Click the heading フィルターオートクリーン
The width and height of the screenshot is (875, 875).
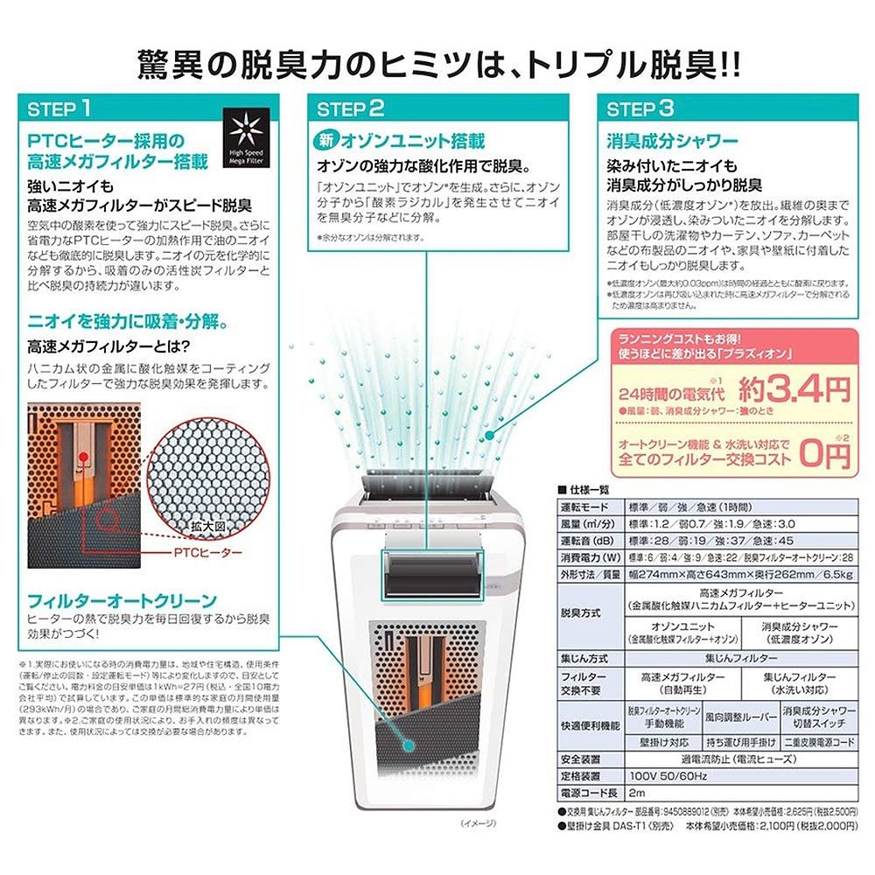point(121,600)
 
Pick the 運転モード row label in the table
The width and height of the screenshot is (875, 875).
point(584,507)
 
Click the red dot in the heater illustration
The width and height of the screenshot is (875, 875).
point(83,456)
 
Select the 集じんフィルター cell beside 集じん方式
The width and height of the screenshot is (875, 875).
point(739,655)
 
